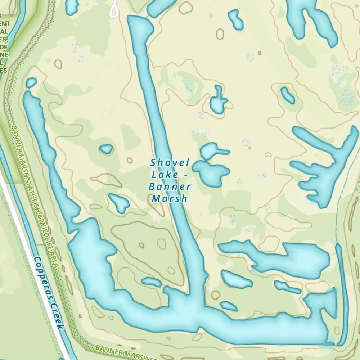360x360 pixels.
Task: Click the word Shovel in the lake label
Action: (x=170, y=163)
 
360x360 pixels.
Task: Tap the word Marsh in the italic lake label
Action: (x=170, y=198)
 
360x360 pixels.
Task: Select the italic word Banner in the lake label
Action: (x=170, y=187)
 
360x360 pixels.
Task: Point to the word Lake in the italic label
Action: (x=165, y=175)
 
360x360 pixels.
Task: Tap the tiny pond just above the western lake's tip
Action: (x=31, y=83)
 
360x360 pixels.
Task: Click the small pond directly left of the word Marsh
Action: (x=119, y=203)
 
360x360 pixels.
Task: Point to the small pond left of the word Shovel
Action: (x=106, y=149)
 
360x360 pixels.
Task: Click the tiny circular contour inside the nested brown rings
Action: (x=141, y=246)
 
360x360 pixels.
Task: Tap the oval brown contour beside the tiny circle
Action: (x=162, y=243)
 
